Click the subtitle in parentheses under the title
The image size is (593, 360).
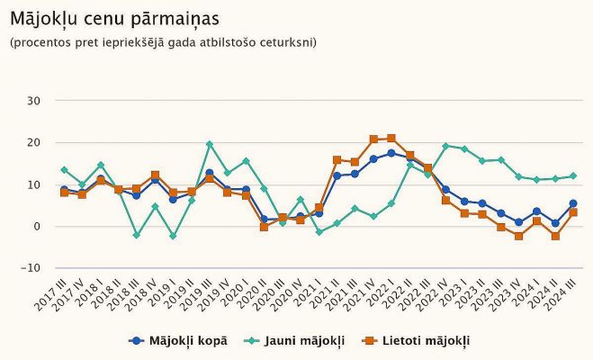[163, 42]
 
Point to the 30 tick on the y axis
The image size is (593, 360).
[35, 101]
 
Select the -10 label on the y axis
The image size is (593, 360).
[32, 268]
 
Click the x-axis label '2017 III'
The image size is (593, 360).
[51, 297]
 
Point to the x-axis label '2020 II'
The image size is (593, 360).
[252, 297]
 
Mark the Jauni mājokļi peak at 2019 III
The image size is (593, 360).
[210, 144]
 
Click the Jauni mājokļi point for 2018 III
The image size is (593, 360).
[137, 235]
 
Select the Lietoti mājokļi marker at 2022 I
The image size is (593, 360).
[391, 139]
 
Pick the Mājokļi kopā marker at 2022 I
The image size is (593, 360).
[391, 153]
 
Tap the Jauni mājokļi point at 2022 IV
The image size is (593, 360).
[445, 146]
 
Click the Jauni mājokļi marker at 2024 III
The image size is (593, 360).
[573, 175]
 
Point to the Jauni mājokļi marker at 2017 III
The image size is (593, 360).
[64, 169]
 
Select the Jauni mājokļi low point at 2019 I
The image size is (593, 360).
[173, 236]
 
